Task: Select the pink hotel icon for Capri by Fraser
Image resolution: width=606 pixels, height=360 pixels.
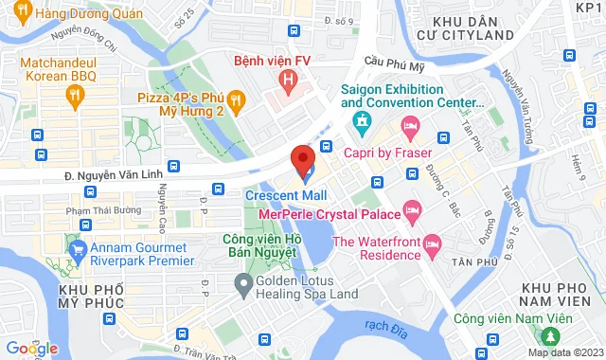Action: (x=410, y=125)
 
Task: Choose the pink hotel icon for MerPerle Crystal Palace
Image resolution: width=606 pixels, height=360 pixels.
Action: (x=412, y=207)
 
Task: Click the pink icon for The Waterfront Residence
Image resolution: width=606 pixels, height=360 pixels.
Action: (x=432, y=244)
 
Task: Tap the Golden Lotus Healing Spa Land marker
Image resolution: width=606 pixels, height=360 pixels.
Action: (x=243, y=282)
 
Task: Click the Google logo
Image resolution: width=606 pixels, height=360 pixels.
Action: (x=31, y=349)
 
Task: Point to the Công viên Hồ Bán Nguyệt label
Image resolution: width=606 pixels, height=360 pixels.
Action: (x=262, y=247)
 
